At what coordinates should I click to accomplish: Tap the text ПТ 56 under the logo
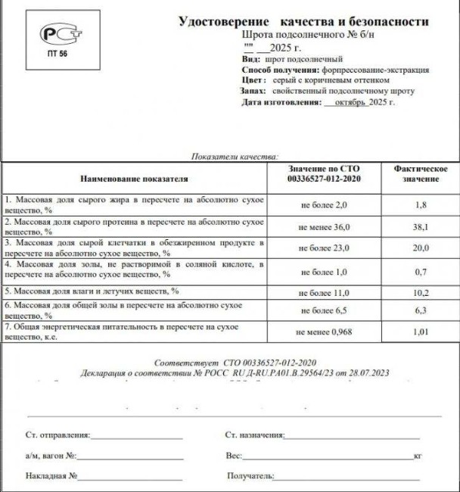click(x=57, y=55)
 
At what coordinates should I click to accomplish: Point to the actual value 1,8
click(x=421, y=204)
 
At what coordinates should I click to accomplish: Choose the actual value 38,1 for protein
click(x=421, y=226)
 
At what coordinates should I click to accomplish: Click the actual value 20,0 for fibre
click(x=421, y=248)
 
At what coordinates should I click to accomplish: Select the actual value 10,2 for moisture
click(x=421, y=291)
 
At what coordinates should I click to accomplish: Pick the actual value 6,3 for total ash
click(x=421, y=310)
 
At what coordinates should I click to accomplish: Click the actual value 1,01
click(x=421, y=332)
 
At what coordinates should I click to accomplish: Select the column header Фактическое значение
click(x=421, y=173)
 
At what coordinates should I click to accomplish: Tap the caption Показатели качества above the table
click(x=235, y=155)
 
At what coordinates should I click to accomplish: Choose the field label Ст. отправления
click(x=57, y=435)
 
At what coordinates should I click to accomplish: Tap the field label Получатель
click(x=249, y=476)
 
